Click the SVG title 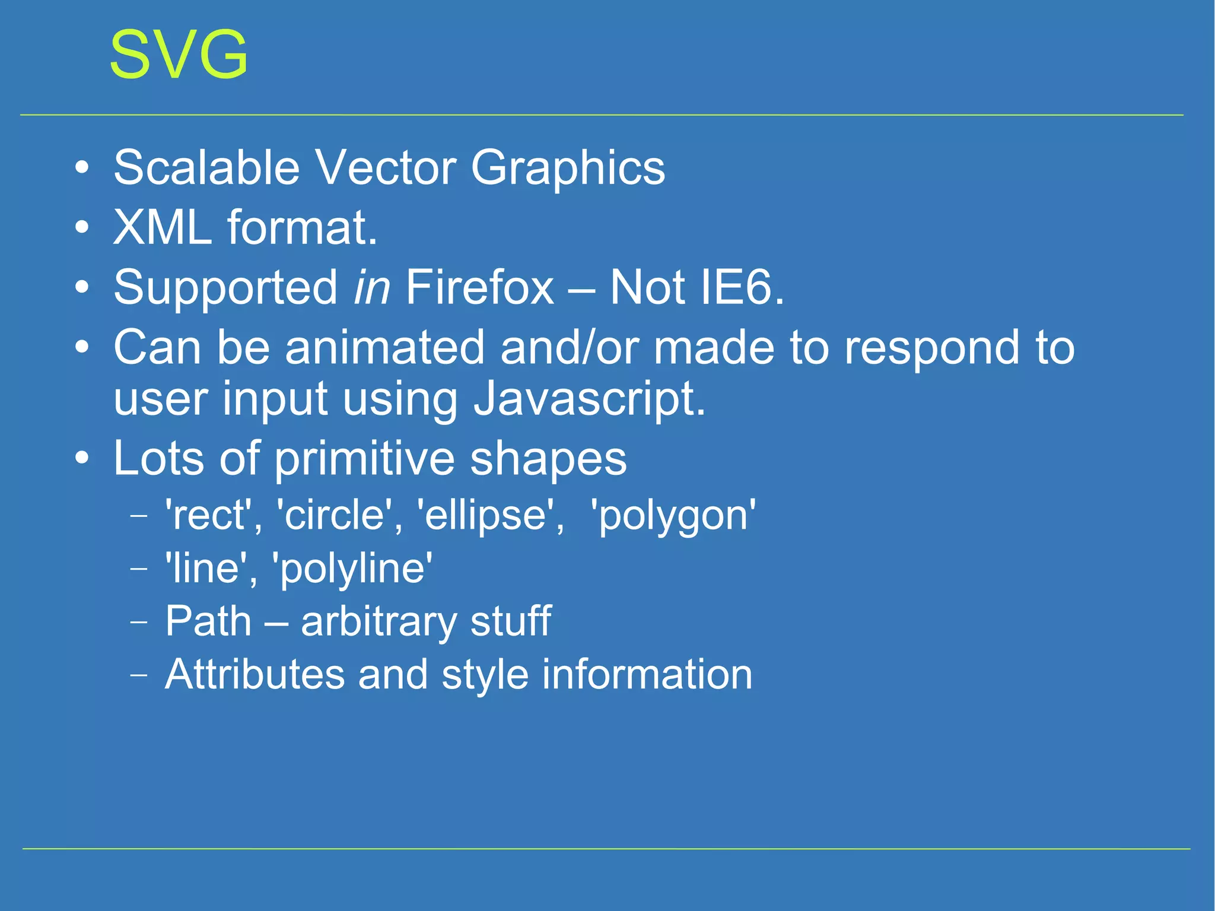click(179, 55)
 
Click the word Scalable click(206, 167)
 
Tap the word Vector click(385, 167)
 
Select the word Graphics click(568, 169)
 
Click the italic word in click(371, 287)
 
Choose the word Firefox click(480, 287)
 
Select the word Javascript click(589, 399)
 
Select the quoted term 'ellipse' click(491, 515)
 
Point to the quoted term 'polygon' click(673, 515)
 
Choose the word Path click(208, 621)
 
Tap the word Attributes click(255, 675)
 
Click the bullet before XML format click(82, 227)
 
